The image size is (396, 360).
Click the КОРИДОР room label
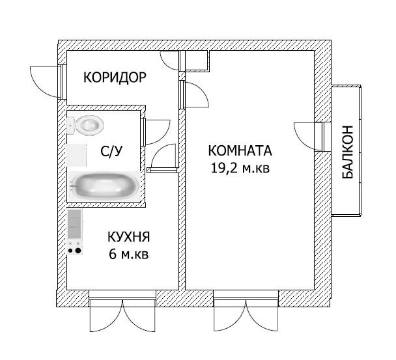point(115,77)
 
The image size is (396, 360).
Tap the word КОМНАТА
point(239,151)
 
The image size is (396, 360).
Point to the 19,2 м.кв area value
point(239,168)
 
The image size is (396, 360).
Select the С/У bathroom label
point(111,152)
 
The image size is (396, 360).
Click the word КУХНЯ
point(129,237)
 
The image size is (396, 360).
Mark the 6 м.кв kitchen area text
point(129,254)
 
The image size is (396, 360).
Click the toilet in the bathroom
point(87,124)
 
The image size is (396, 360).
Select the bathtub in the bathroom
point(105,186)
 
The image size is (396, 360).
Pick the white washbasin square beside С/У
point(77,155)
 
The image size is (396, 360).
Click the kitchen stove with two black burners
point(75,248)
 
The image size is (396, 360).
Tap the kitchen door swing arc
point(163,158)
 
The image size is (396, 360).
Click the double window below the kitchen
point(122,316)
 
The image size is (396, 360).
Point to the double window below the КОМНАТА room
point(247,316)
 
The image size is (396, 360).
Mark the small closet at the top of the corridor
point(195,61)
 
